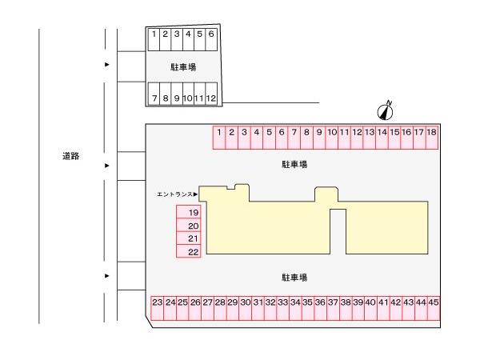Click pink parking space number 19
(x=188, y=213)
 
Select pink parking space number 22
(x=188, y=251)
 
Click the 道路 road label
(x=71, y=156)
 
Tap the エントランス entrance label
(x=178, y=194)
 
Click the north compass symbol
(x=385, y=110)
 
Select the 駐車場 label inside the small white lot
(x=183, y=67)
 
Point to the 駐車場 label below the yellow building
(x=294, y=278)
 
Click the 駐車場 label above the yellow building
(x=294, y=164)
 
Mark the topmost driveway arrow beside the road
(x=108, y=64)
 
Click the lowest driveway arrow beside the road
(x=108, y=275)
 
